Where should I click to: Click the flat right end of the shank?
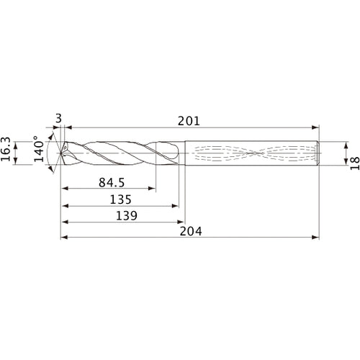319,153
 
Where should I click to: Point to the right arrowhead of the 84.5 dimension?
152,190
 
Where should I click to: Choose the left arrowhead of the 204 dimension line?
63,236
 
